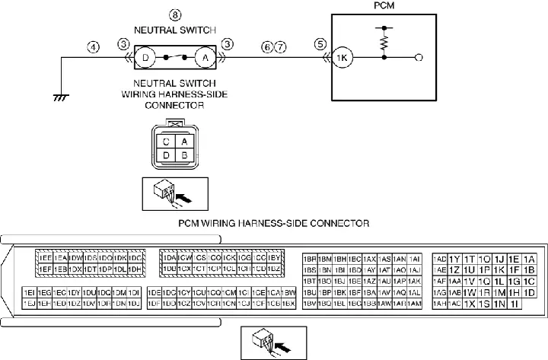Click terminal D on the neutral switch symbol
point(146,58)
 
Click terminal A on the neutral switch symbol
point(204,58)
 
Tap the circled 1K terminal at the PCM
point(342,58)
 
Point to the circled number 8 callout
point(175,14)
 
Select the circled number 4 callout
point(94,46)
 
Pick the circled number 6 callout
point(266,46)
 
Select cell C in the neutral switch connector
point(166,141)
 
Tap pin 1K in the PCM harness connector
point(499,269)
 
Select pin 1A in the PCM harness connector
point(529,259)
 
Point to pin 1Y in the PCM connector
point(454,259)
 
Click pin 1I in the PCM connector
point(515,304)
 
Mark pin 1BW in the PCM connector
point(289,292)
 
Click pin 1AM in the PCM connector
point(414,304)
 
